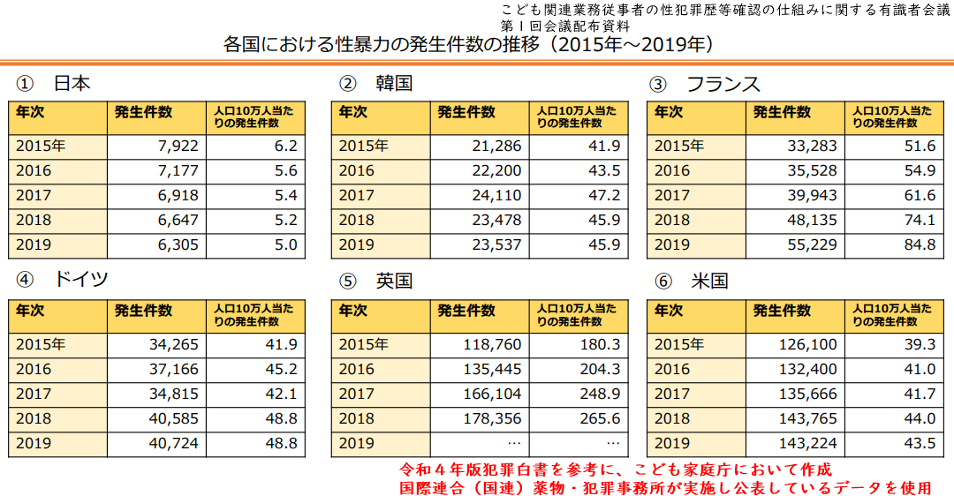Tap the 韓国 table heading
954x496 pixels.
pyautogui.click(x=393, y=84)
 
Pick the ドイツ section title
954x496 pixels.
pyautogui.click(x=81, y=280)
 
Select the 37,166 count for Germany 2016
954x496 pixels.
pyautogui.click(x=174, y=369)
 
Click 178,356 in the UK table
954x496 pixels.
pyautogui.click(x=493, y=418)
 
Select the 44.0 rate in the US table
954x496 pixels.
pyautogui.click(x=920, y=418)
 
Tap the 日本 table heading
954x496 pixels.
pyautogui.click(x=72, y=84)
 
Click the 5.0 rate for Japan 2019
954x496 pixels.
pyautogui.click(x=285, y=244)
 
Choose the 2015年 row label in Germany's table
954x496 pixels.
pyautogui.click(x=40, y=344)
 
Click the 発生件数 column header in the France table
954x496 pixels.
pyautogui.click(x=782, y=112)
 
